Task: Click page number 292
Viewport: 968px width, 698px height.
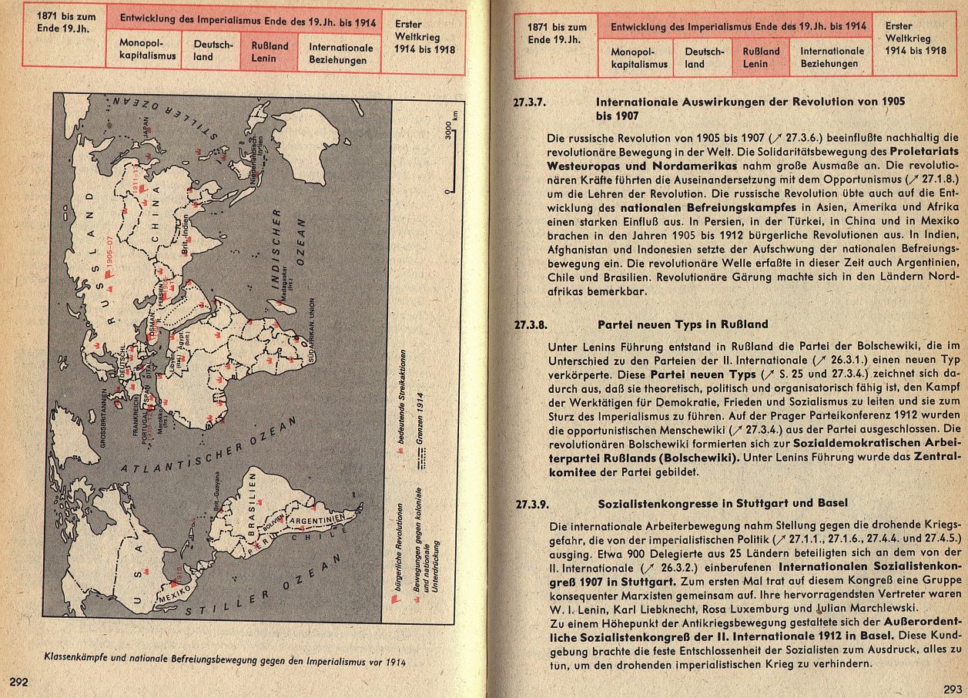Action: (x=20, y=681)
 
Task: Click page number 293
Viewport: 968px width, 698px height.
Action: (x=953, y=688)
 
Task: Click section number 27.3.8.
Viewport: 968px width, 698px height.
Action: (x=531, y=324)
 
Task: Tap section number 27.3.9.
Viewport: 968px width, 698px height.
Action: (x=532, y=505)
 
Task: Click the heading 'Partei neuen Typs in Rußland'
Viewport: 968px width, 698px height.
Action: (x=682, y=324)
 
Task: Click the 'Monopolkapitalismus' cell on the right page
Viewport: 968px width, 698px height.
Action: (x=639, y=58)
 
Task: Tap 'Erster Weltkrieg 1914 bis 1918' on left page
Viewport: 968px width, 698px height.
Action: (x=424, y=37)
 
